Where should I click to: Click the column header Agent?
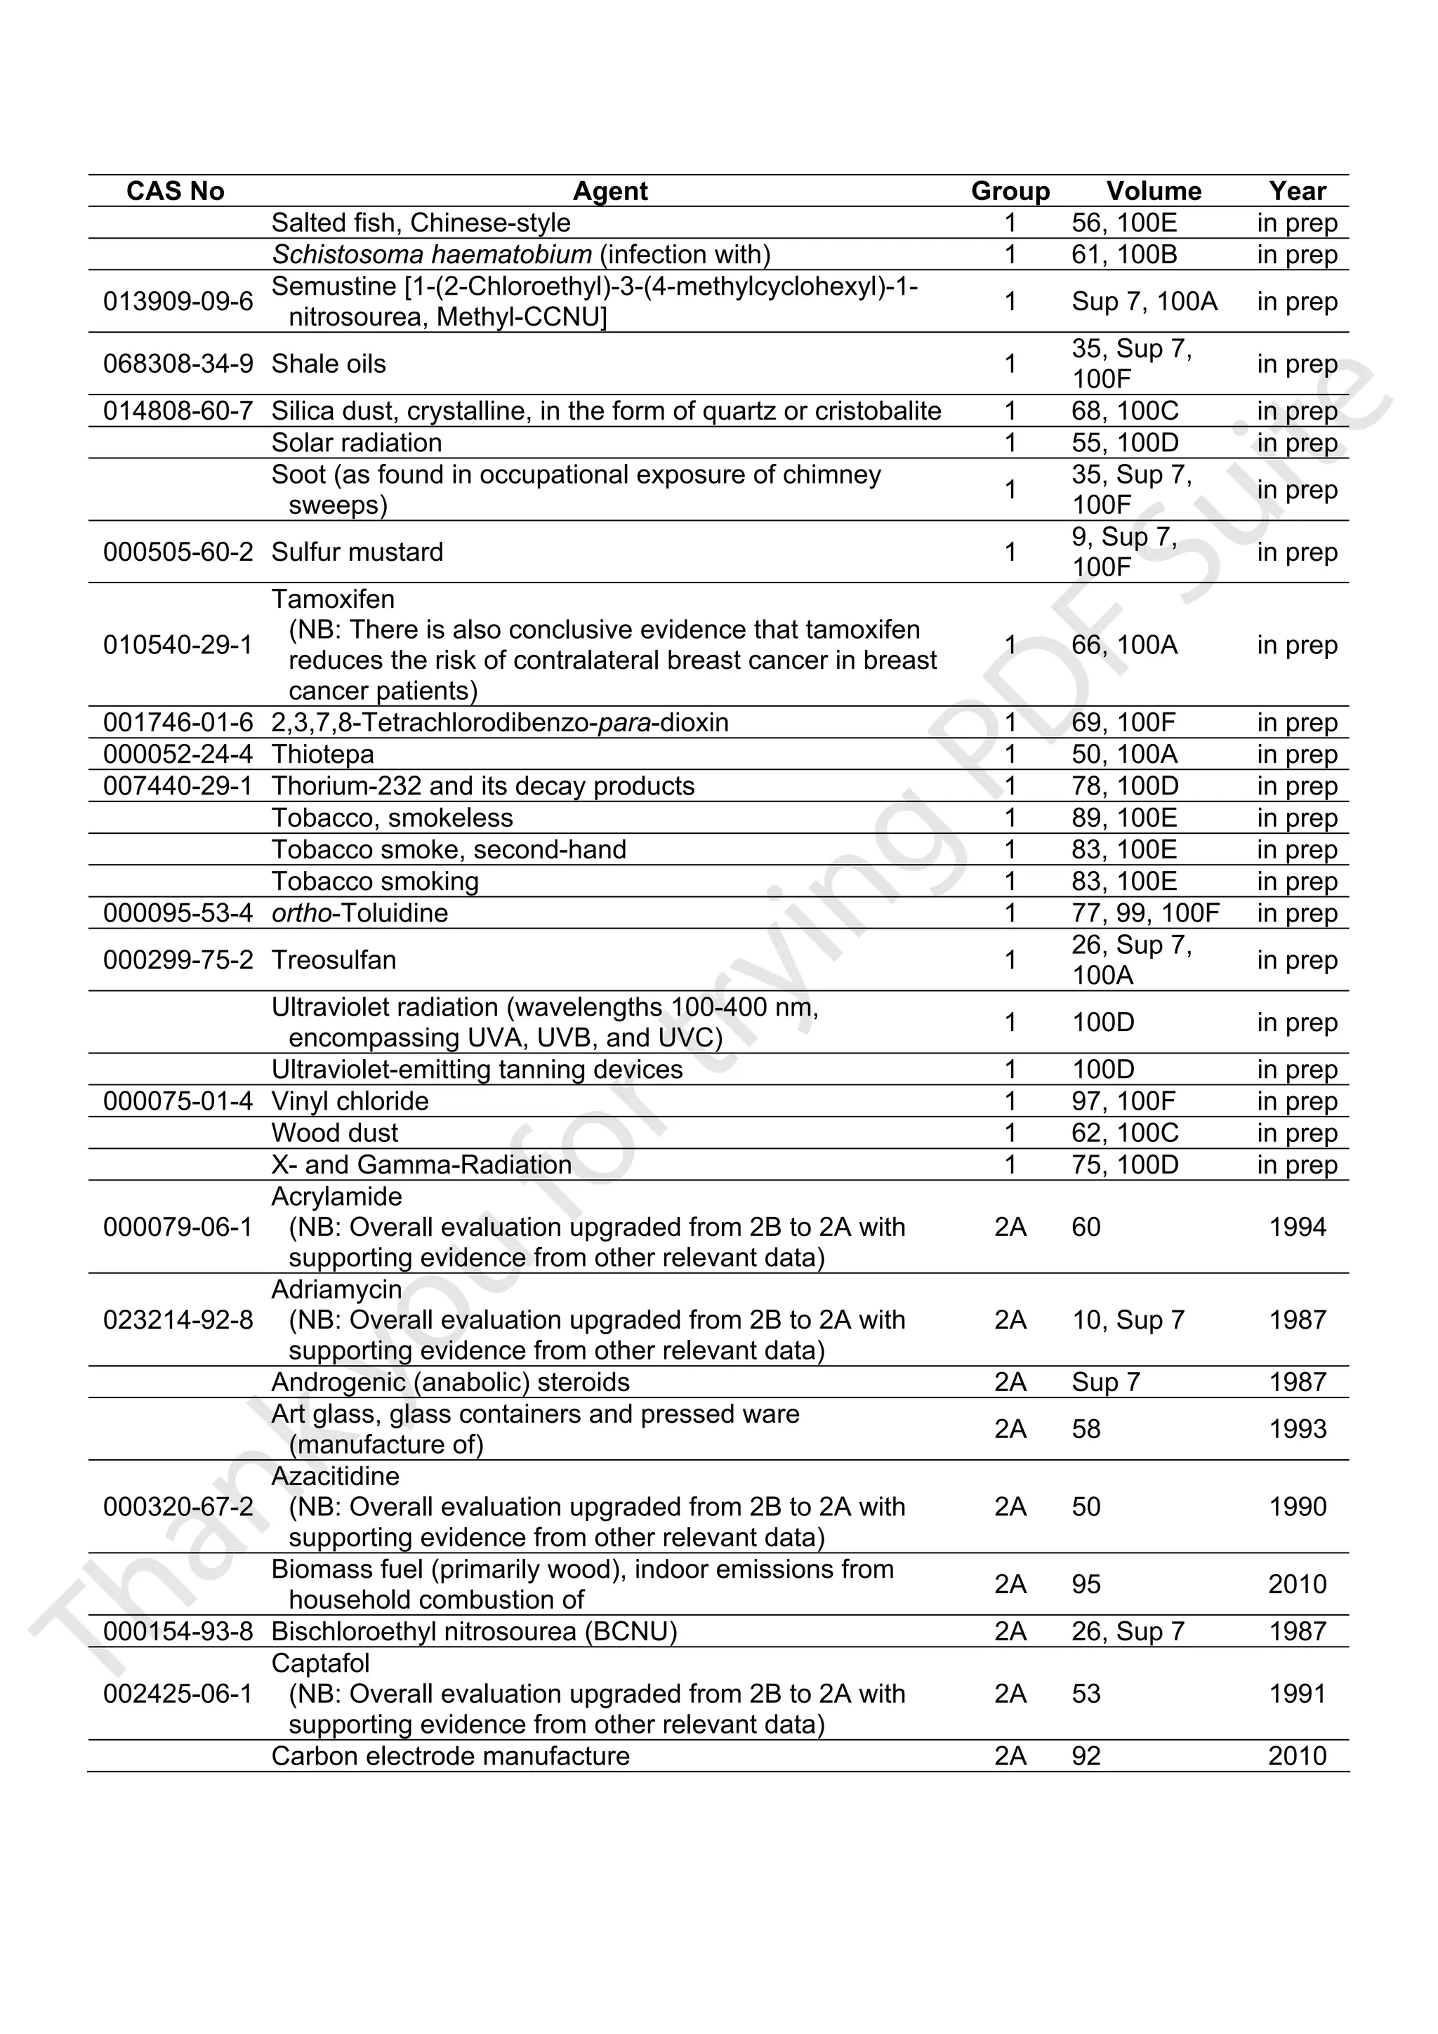pos(609,192)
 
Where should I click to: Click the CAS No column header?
pos(176,192)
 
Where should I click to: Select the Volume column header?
pos(1153,192)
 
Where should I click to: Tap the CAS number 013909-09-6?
pos(178,302)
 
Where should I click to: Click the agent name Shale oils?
pos(329,364)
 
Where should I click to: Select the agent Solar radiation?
pos(356,443)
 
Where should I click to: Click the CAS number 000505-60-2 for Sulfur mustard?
pos(178,552)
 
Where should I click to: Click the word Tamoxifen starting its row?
pos(333,600)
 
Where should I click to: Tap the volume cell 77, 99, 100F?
pos(1145,913)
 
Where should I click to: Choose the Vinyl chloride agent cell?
pos(350,1101)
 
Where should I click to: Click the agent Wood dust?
pos(335,1133)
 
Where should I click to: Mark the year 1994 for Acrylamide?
pos(1297,1227)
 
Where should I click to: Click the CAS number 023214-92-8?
pos(178,1320)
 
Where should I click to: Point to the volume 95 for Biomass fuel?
pos(1086,1584)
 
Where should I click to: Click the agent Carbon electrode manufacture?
pos(450,1756)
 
